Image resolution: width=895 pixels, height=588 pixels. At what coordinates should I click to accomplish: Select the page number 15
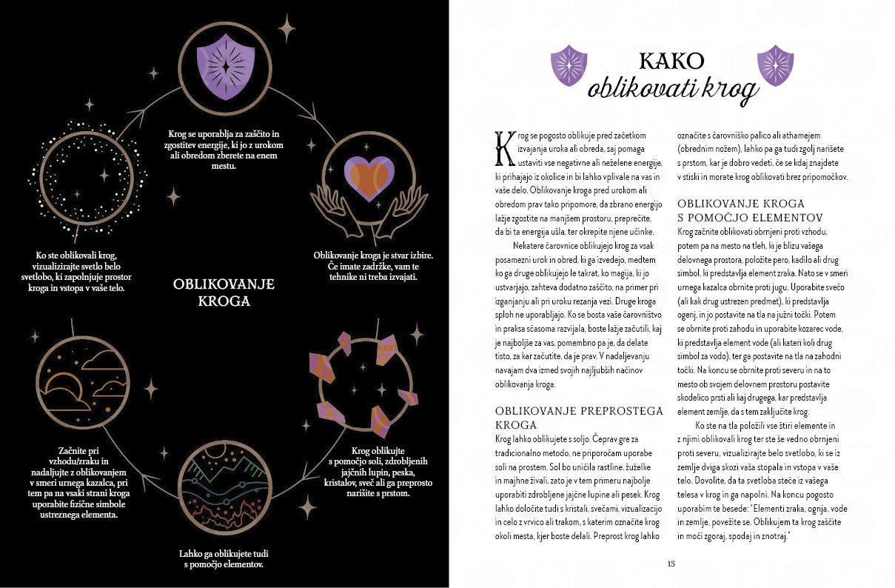(671, 564)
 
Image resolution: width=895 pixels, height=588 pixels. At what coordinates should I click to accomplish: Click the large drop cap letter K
(505, 147)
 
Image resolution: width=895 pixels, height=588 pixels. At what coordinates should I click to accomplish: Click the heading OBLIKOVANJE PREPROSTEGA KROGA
(547, 418)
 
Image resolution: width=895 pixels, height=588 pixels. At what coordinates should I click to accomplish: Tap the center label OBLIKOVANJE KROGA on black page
(224, 292)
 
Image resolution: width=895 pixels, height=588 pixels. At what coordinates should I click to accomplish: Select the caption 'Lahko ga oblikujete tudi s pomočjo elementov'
(224, 559)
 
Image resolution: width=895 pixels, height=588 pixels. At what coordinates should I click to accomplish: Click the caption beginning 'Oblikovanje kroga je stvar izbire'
(373, 266)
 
